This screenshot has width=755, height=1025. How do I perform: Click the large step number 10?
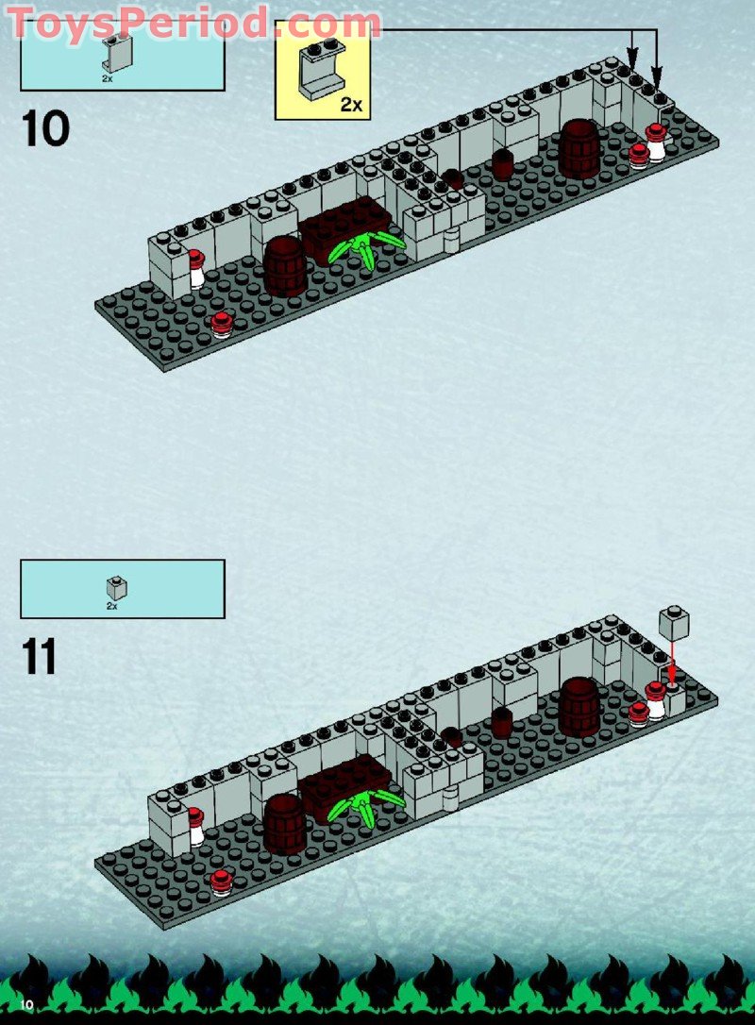click(44, 128)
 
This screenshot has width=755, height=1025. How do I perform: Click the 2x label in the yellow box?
click(351, 105)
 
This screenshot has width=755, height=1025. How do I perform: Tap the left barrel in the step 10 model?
click(284, 265)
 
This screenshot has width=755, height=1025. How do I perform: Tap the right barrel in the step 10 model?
click(579, 148)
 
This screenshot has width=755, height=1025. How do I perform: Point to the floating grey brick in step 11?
click(674, 624)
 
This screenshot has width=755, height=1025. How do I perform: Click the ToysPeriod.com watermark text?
click(194, 22)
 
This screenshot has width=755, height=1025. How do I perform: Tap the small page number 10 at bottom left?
click(27, 1004)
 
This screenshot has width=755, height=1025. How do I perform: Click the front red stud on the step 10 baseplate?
click(222, 324)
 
